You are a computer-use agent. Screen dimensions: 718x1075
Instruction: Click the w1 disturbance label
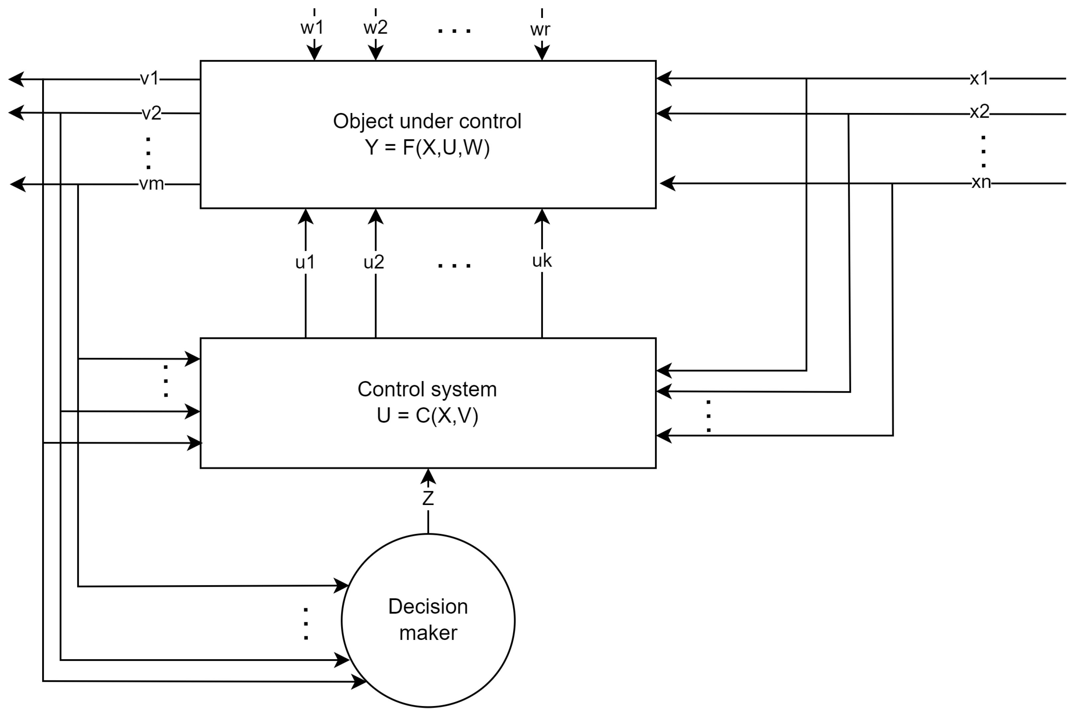(312, 28)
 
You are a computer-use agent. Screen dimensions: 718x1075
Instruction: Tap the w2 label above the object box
(375, 28)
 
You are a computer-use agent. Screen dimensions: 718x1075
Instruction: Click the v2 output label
(151, 113)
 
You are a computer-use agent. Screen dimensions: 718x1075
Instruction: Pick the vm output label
(151, 184)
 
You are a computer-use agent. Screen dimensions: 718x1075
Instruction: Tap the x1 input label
(979, 79)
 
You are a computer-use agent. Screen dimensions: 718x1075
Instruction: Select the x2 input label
(980, 112)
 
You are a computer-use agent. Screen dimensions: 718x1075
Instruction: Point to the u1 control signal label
(305, 262)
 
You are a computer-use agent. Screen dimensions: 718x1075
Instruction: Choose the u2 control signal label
(374, 262)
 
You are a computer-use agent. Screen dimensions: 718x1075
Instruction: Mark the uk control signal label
(542, 261)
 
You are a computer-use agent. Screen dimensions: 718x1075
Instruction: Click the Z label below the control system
(428, 498)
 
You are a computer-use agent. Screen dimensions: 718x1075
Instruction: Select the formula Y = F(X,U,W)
(427, 148)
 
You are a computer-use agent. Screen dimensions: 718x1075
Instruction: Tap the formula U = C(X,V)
(427, 415)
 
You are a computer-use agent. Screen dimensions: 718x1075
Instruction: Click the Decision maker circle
(428, 650)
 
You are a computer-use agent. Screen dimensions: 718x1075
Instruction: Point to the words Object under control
(427, 121)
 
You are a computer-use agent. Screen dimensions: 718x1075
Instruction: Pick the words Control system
(427, 389)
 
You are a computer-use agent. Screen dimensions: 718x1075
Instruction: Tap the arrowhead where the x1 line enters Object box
(664, 78)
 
